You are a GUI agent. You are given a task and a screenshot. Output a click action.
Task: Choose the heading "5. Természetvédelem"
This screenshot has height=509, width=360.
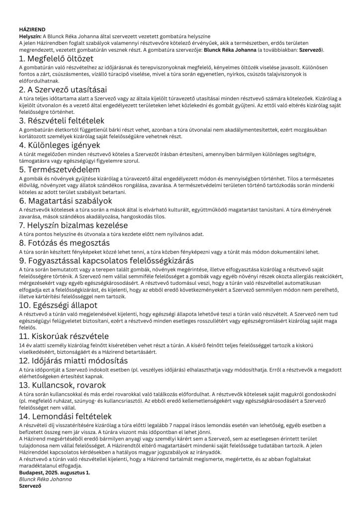[x=57, y=170]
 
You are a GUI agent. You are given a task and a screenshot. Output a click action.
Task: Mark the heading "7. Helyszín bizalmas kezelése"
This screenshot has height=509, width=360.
[x=74, y=225]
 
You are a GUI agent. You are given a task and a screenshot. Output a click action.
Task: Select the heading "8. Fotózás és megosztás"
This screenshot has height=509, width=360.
[x=64, y=243]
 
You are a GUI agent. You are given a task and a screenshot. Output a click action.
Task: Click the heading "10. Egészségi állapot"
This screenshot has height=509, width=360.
[x=58, y=305]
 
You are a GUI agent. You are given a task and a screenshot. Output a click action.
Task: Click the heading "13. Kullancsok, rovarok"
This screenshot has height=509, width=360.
[x=62, y=385]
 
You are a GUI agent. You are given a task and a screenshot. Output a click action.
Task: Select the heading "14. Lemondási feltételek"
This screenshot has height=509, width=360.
[x=65, y=416]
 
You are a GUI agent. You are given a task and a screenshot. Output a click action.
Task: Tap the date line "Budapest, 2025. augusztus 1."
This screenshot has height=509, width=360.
[x=54, y=472]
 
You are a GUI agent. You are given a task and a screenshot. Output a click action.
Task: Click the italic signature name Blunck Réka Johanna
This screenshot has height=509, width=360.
[x=45, y=479]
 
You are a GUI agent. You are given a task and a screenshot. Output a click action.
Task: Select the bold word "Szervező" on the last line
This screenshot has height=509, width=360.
[x=29, y=486]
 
